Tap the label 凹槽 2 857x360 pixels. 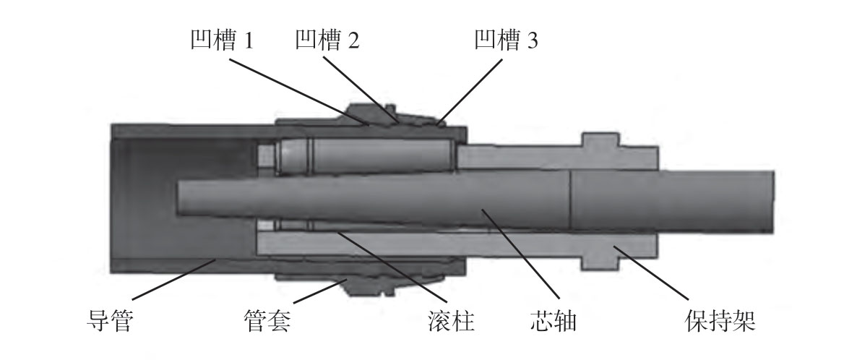click(x=327, y=40)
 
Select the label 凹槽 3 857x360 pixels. click(x=506, y=40)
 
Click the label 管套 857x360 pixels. click(x=267, y=320)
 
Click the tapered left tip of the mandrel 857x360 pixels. click(x=181, y=195)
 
